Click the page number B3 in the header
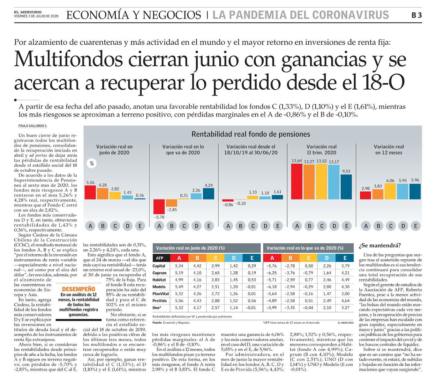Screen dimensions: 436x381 click(x=417, y=15)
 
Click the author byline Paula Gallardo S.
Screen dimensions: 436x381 click(x=33, y=126)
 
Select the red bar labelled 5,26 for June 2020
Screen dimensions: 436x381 click(x=90, y=192)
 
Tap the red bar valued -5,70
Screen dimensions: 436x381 click(x=159, y=206)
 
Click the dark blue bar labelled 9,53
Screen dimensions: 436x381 click(x=346, y=187)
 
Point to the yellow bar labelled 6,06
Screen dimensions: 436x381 click(x=390, y=191)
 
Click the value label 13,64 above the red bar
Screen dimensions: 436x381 click(x=297, y=161)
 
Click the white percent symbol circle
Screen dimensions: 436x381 click(x=92, y=163)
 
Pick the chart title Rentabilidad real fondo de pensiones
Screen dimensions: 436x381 click(x=251, y=134)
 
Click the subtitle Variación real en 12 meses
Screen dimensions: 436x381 click(x=389, y=150)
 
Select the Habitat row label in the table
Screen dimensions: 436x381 click(x=159, y=280)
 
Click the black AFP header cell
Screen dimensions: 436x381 click(x=161, y=258)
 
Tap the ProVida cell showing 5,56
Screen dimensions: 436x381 click(x=179, y=301)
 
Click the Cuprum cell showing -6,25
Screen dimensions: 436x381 click(x=272, y=273)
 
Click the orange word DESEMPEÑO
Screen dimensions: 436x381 click(x=79, y=289)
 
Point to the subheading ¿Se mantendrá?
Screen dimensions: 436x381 click(x=380, y=246)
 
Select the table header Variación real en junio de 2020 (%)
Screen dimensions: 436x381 click(x=190, y=248)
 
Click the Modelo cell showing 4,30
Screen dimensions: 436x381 click(x=345, y=287)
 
